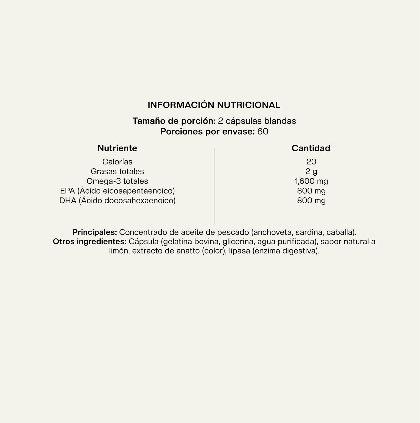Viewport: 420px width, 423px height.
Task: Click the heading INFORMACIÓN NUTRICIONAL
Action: pyautogui.click(x=214, y=105)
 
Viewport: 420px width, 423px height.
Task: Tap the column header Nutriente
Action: pyautogui.click(x=117, y=148)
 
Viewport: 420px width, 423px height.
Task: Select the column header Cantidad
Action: pyautogui.click(x=311, y=148)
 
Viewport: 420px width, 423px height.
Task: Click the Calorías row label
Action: pyautogui.click(x=117, y=162)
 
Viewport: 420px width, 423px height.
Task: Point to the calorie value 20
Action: pyautogui.click(x=311, y=162)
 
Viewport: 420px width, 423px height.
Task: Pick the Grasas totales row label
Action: pyautogui.click(x=117, y=172)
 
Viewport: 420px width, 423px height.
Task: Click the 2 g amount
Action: pyautogui.click(x=311, y=172)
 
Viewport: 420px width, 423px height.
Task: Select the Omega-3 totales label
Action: pyautogui.click(x=117, y=181)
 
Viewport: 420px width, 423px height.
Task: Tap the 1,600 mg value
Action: pyautogui.click(x=311, y=181)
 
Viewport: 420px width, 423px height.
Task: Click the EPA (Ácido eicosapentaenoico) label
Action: pyautogui.click(x=117, y=191)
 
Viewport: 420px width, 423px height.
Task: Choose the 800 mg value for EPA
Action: pyautogui.click(x=311, y=191)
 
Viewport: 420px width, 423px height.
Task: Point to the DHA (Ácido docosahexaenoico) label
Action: pyautogui.click(x=117, y=201)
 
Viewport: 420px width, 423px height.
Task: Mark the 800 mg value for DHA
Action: pyautogui.click(x=311, y=201)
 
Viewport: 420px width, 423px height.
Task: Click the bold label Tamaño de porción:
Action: pyautogui.click(x=174, y=121)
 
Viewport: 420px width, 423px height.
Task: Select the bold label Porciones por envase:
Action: pyautogui.click(x=207, y=132)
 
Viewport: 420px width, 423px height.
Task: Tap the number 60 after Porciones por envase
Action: pyautogui.click(x=263, y=132)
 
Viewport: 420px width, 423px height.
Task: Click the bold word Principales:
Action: pyautogui.click(x=94, y=232)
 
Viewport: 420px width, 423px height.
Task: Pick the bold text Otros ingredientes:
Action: pyautogui.click(x=90, y=242)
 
